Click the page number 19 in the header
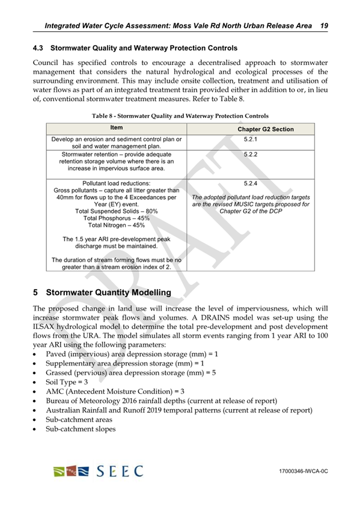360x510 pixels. point(323,26)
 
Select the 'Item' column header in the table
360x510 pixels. point(116,128)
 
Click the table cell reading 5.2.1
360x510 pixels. point(249,139)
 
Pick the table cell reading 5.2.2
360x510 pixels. point(249,155)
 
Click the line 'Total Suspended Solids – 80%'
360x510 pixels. point(116,212)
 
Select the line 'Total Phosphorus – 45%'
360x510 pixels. point(116,219)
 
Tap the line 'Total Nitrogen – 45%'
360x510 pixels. point(116,226)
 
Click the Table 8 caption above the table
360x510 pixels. point(180,115)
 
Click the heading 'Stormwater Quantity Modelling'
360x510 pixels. point(108,292)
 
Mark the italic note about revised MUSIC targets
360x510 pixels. point(249,204)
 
